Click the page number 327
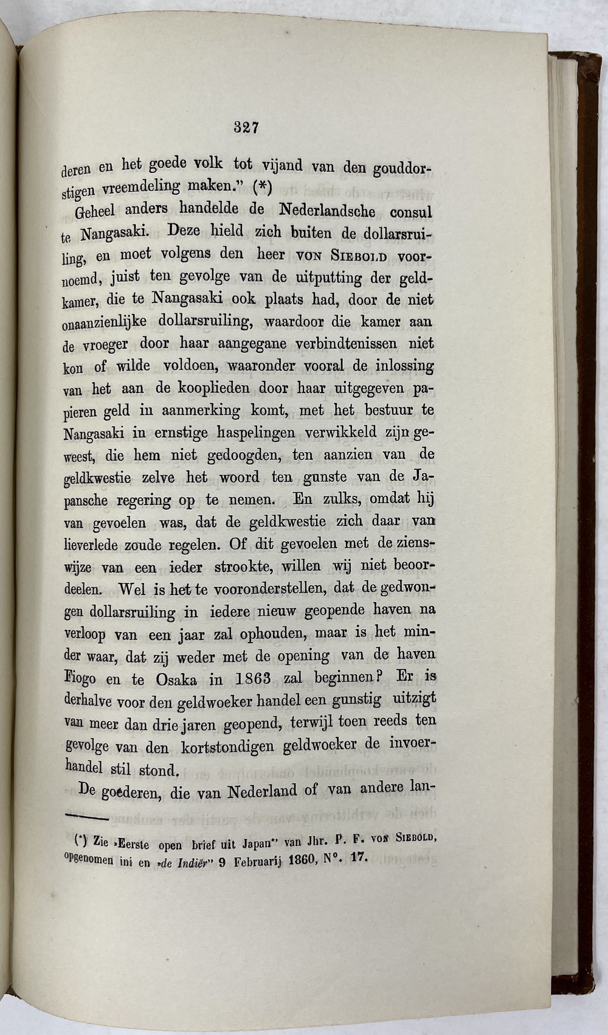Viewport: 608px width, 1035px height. coord(247,127)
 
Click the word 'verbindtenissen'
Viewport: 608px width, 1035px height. coord(345,344)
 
